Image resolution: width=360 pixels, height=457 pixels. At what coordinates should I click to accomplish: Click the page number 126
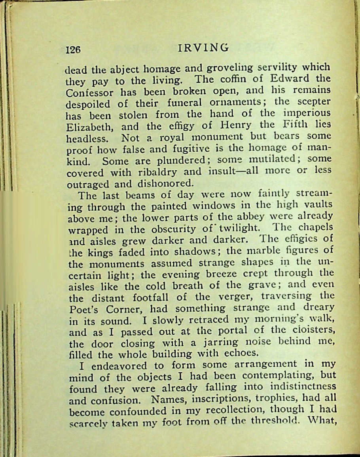[x=73, y=50]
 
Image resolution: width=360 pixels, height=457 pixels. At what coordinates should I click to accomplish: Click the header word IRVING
[x=203, y=48]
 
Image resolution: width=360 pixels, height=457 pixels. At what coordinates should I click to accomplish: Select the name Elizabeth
[x=90, y=128]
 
